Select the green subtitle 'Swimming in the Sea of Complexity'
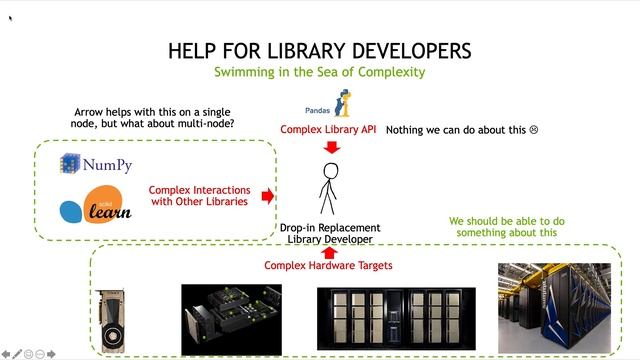(x=319, y=72)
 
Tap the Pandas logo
(x=332, y=105)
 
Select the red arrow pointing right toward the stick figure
(x=267, y=196)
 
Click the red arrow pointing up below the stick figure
(x=329, y=251)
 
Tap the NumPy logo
(x=96, y=164)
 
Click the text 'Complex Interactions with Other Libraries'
(x=198, y=196)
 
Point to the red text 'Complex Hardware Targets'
(x=328, y=266)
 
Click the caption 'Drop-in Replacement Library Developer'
(x=329, y=234)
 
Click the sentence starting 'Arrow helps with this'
(x=155, y=117)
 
